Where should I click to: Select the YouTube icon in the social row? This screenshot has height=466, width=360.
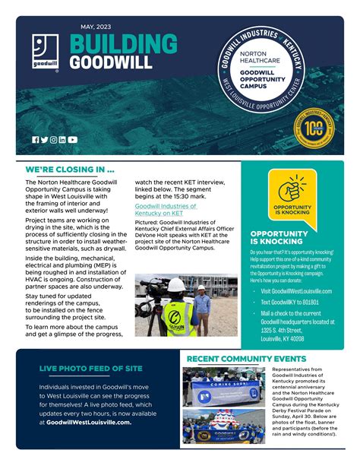tap(72, 139)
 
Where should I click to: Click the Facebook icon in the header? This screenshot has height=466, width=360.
tap(36, 139)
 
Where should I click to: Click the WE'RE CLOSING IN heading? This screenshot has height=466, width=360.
tap(70, 170)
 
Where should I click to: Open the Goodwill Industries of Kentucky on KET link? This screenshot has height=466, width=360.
tap(166, 210)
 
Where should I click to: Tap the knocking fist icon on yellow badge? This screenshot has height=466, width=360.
tap(292, 190)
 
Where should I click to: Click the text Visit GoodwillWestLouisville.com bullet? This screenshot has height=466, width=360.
tap(296, 290)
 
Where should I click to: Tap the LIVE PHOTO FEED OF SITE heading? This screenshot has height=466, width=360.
tap(90, 369)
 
